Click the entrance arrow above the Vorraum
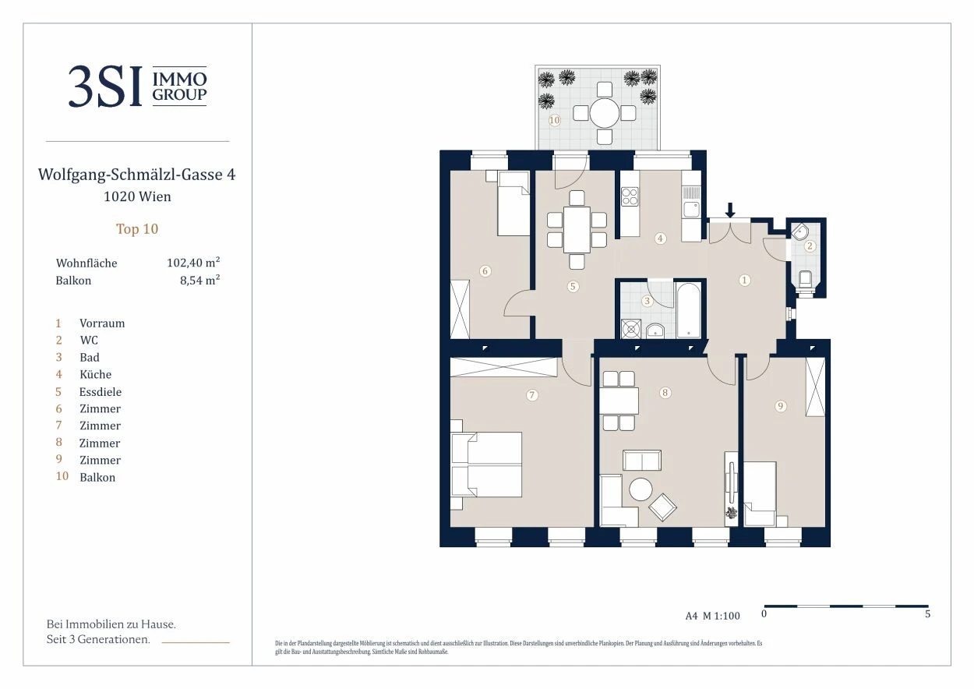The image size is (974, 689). coord(730,210)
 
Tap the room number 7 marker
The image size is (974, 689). coord(531,395)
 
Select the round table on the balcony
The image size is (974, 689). coord(605,113)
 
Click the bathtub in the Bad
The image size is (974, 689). coord(688,309)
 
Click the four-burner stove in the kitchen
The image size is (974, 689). coord(629,196)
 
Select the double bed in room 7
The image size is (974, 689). coord(486,464)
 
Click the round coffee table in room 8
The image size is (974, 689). coord(641,489)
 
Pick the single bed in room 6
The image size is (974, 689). coord(513,203)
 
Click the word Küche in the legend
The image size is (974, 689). coord(95,375)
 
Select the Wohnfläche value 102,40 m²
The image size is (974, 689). coord(193,263)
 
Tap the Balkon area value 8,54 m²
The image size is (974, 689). coord(200,280)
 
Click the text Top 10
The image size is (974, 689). coord(137,229)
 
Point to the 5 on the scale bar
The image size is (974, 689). coord(927,613)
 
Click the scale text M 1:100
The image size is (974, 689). coord(721,616)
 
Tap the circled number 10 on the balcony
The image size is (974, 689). coord(554,120)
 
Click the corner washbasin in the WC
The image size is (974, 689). coord(799,231)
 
